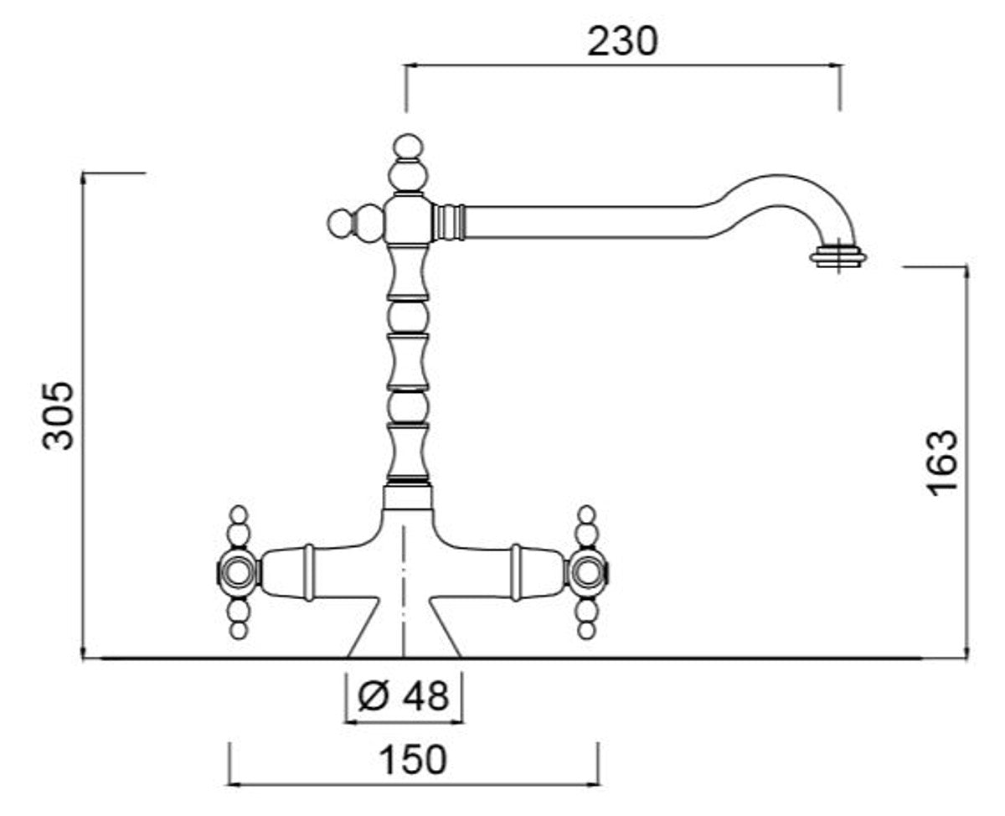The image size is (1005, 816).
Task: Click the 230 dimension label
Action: coord(622,42)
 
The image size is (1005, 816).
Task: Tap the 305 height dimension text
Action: coord(58,416)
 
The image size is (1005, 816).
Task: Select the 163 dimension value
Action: coord(943,463)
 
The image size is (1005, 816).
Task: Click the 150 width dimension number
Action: coord(412,760)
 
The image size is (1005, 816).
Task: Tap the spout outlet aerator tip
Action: coord(838,258)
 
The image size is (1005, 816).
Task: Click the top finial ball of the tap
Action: coord(408,147)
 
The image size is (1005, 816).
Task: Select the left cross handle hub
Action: coord(239,572)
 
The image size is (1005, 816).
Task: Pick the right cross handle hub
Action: coord(586,572)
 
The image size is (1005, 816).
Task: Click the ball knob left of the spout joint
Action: coord(341,223)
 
